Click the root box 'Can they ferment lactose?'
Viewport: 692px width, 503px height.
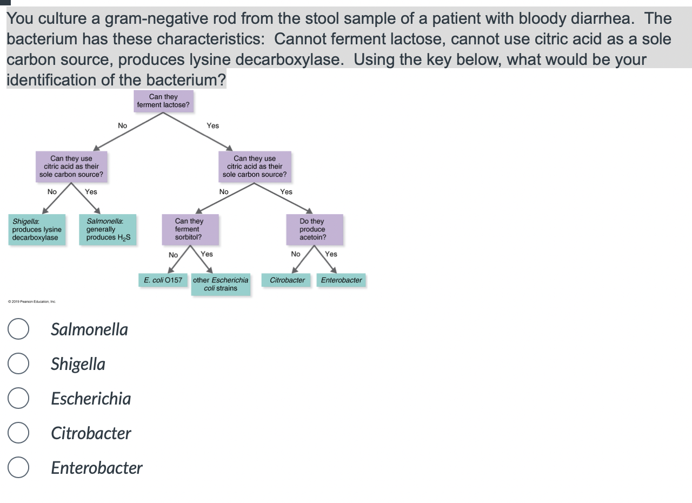[x=163, y=101]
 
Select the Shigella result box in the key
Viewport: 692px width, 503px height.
[x=37, y=229]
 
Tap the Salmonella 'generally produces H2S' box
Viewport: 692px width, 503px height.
[x=108, y=229]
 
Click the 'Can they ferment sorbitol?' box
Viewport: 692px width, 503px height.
[x=189, y=229]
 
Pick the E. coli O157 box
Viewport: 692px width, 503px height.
[x=163, y=280]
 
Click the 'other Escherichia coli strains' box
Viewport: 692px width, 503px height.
[x=221, y=284]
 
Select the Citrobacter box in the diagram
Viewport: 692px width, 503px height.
[x=287, y=280]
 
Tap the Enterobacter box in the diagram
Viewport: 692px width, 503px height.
[x=341, y=280]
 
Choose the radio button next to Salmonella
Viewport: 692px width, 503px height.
[x=18, y=329]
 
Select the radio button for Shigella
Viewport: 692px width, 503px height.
[x=18, y=364]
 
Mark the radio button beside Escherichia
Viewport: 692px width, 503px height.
[x=18, y=399]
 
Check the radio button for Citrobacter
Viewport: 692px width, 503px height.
[x=18, y=433]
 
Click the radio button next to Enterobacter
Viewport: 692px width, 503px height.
[x=18, y=468]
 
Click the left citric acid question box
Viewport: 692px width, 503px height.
[x=71, y=167]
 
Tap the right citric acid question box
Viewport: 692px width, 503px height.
[x=255, y=167]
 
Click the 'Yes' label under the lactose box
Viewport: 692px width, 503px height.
[x=213, y=125]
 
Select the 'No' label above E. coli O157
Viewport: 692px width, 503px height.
[x=173, y=255]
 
